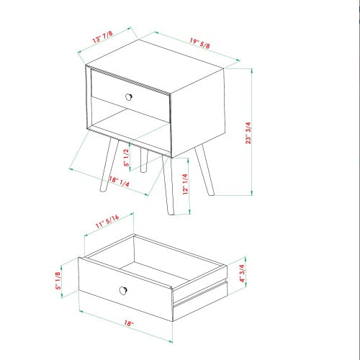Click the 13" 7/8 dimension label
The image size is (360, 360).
[x=103, y=37]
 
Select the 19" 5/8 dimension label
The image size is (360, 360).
[x=200, y=43]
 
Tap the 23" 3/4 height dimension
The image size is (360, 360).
[x=248, y=133]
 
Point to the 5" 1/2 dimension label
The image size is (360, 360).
[x=127, y=158]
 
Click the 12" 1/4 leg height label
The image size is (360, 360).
[x=185, y=184]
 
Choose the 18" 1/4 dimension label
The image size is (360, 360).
[x=120, y=181]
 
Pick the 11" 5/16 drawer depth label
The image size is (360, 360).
[x=107, y=221]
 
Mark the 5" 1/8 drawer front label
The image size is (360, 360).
[x=58, y=281]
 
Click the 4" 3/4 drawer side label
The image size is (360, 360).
[x=242, y=274]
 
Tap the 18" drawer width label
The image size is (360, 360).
[x=129, y=323]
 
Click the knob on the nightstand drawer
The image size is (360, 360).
[x=129, y=97]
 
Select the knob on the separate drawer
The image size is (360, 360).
[x=123, y=290]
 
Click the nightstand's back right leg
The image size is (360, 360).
[x=204, y=170]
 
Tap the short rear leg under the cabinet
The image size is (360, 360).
[x=144, y=161]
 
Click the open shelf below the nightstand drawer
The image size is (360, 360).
[x=131, y=117]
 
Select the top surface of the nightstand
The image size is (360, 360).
[x=155, y=66]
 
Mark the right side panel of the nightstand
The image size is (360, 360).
[x=198, y=113]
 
